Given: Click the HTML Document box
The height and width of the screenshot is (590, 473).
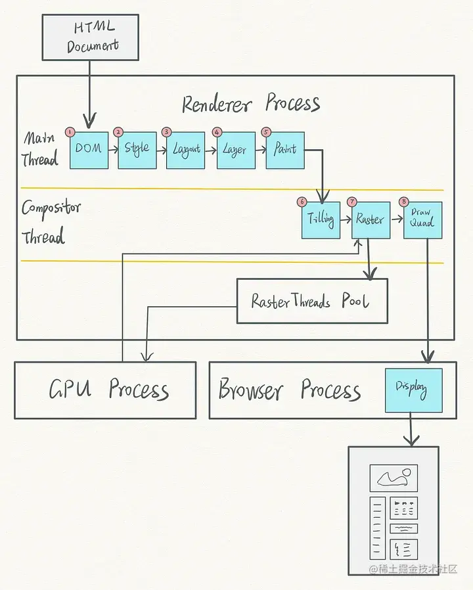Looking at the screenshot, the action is [x=90, y=37].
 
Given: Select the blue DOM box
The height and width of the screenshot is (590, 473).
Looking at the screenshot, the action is [x=89, y=150].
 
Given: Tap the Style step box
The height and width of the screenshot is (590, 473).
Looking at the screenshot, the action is [x=137, y=150].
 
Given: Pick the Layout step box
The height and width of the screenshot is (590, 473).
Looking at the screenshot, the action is [x=186, y=150].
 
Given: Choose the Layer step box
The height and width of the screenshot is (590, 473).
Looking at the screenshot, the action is [x=236, y=150].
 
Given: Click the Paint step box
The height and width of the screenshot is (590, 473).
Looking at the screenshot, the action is [x=285, y=150].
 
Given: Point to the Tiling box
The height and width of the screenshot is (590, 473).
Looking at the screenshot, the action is [x=321, y=220].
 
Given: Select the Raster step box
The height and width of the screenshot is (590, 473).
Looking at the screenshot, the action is [x=371, y=220].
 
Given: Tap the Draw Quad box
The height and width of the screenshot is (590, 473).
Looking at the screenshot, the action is [x=422, y=220].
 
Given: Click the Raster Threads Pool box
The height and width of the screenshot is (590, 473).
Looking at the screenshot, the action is [x=312, y=301].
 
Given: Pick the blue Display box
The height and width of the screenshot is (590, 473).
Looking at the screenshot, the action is [x=413, y=390].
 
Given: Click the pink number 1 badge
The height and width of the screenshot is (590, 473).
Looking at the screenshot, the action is [x=70, y=132].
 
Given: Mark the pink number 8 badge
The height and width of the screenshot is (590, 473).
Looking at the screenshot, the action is [x=404, y=202].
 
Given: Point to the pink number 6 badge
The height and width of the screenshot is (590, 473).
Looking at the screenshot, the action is [x=302, y=202].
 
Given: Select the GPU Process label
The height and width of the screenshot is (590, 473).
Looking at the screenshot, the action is [x=109, y=389].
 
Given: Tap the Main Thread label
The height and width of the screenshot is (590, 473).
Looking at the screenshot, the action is [x=40, y=149].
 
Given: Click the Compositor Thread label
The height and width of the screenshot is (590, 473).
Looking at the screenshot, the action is [x=51, y=222].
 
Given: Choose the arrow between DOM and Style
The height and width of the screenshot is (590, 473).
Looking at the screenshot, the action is [x=113, y=150].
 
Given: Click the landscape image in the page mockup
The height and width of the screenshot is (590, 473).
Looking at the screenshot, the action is [x=394, y=478].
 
